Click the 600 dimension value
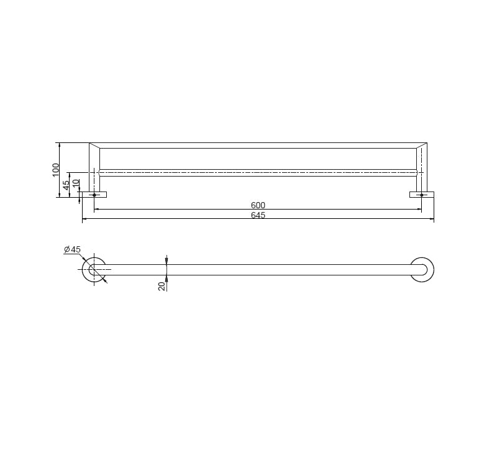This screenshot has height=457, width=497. click(258, 206)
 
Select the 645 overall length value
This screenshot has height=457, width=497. click(258, 215)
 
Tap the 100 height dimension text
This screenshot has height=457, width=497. click(56, 169)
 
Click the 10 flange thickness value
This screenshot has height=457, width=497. click(76, 184)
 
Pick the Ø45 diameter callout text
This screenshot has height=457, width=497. click(72, 249)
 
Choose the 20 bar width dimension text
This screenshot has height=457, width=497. click(162, 286)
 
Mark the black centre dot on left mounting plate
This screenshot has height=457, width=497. click(94, 195)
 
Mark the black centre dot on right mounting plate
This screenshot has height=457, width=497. click(422, 195)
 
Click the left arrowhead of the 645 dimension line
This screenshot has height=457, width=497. click(84, 219)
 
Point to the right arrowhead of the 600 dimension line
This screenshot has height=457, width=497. click(419, 210)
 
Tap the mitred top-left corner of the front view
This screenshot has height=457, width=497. click(94, 145)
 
